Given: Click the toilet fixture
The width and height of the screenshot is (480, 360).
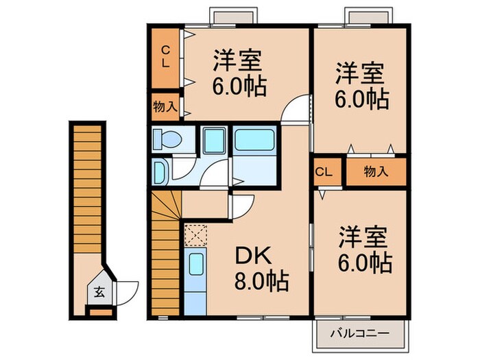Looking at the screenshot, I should [167, 140].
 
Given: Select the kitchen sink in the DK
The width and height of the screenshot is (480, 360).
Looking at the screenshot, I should [195, 264].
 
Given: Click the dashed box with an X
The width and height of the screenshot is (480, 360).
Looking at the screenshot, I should [195, 235].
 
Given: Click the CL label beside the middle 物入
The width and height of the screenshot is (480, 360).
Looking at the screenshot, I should [325, 172].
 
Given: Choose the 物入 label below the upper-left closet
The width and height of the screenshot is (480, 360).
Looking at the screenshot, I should [165, 106].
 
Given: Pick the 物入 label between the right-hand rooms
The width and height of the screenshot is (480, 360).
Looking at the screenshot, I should [376, 172].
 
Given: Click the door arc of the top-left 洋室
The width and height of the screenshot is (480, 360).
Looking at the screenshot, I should [298, 110].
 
